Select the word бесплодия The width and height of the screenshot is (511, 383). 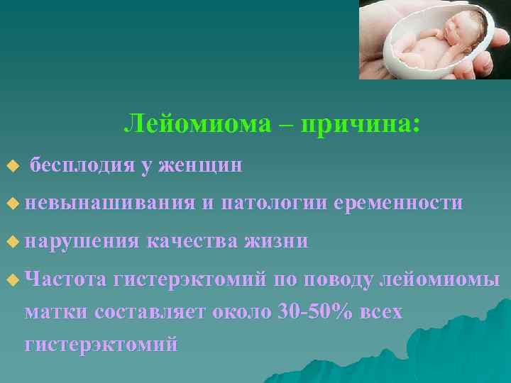tap(82, 165)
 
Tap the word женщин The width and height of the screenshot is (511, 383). tap(201, 165)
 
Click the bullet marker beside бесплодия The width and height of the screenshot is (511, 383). tap(11, 166)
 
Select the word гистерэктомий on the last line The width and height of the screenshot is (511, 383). tap(101, 345)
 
